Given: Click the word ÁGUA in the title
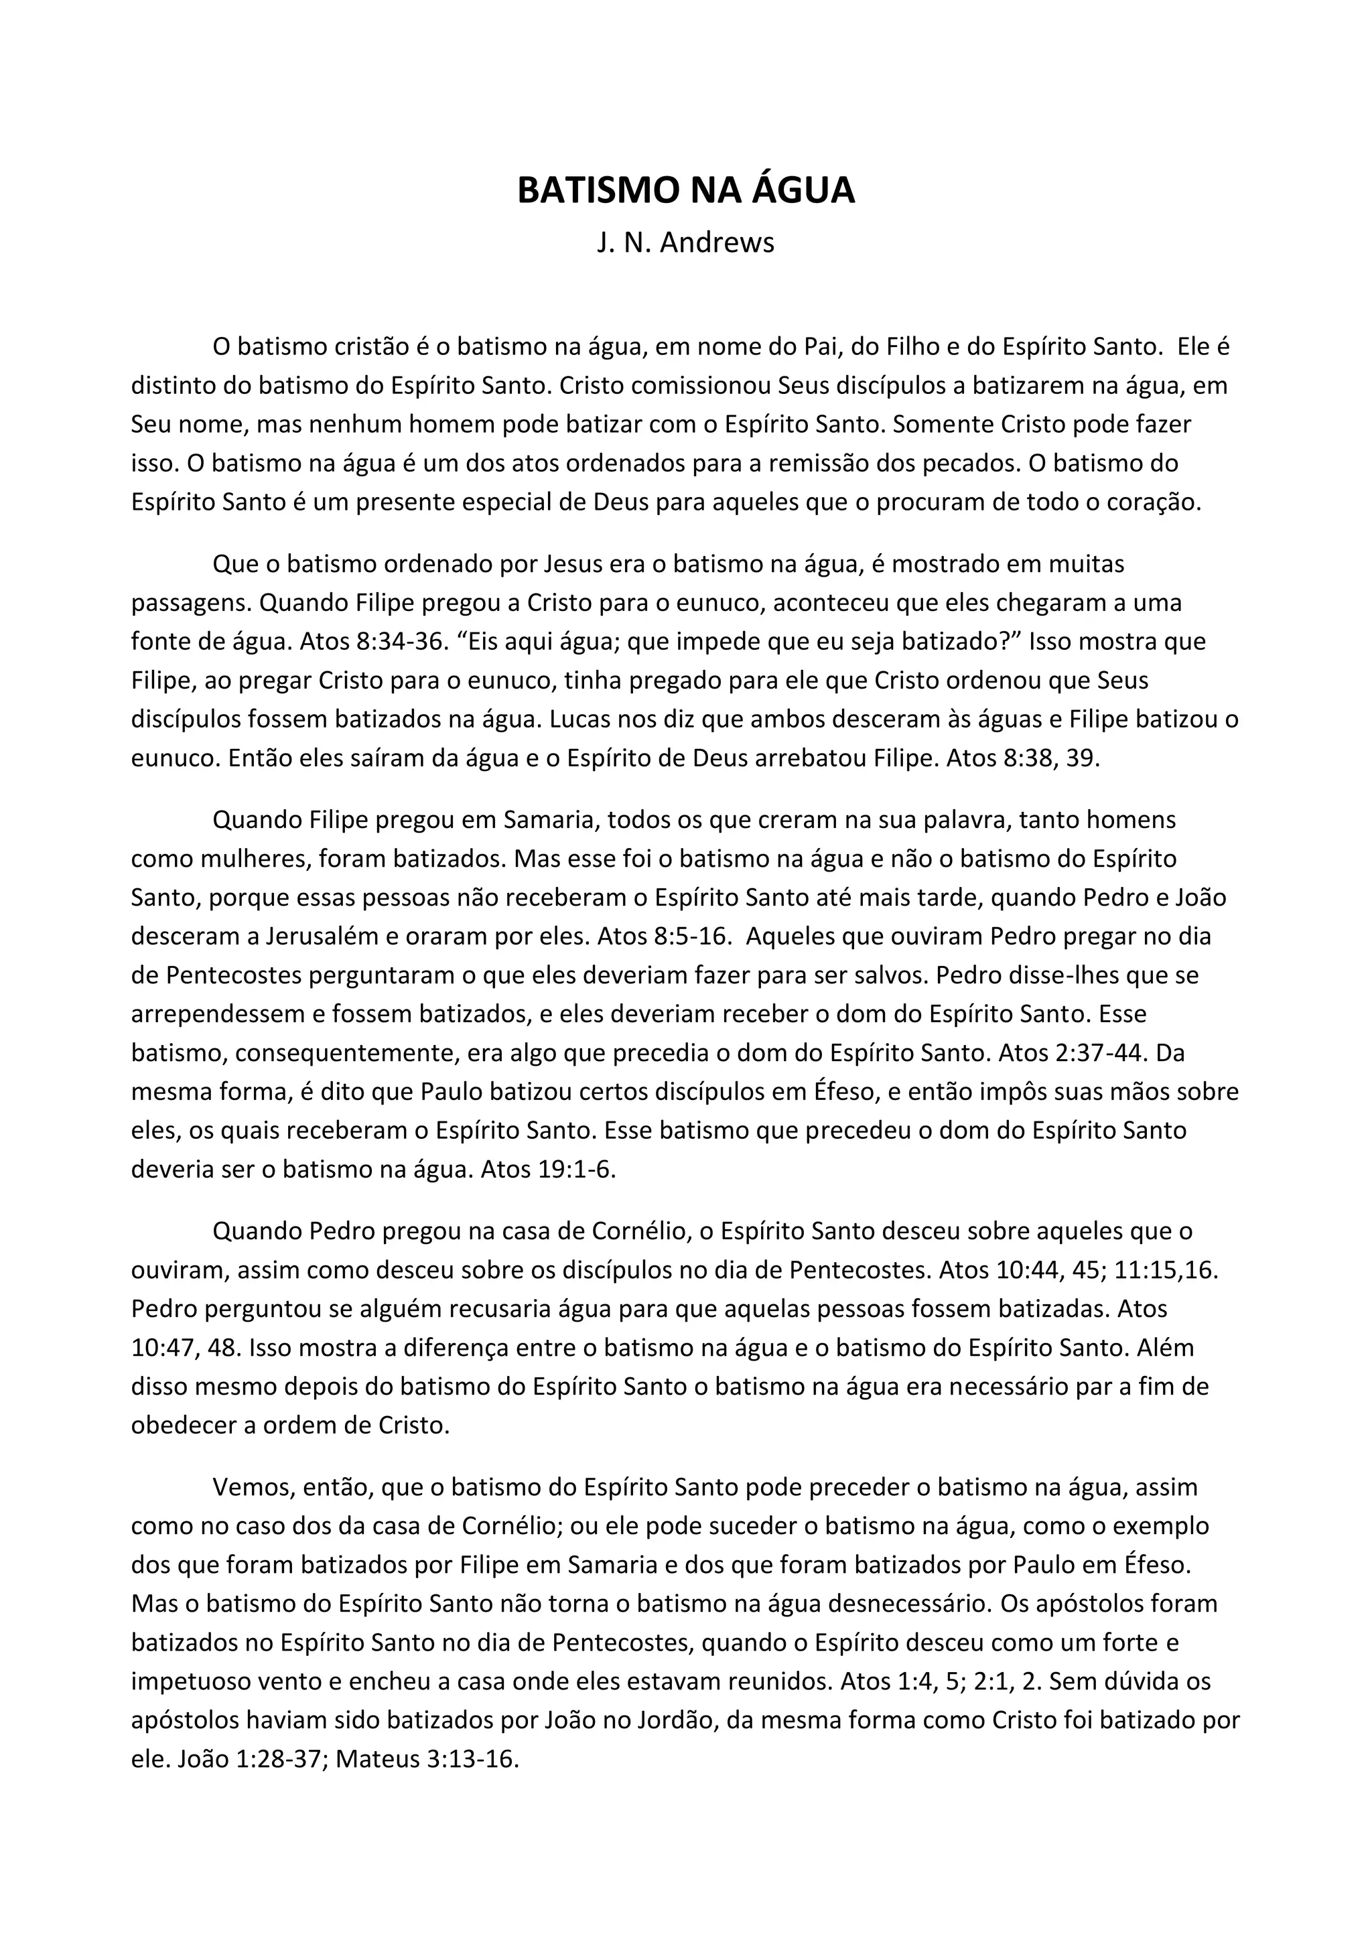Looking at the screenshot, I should point(803,191).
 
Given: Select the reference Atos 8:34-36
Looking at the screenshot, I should point(372,641).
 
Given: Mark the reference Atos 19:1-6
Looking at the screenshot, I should point(548,1170).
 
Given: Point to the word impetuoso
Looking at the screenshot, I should point(189,1681).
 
